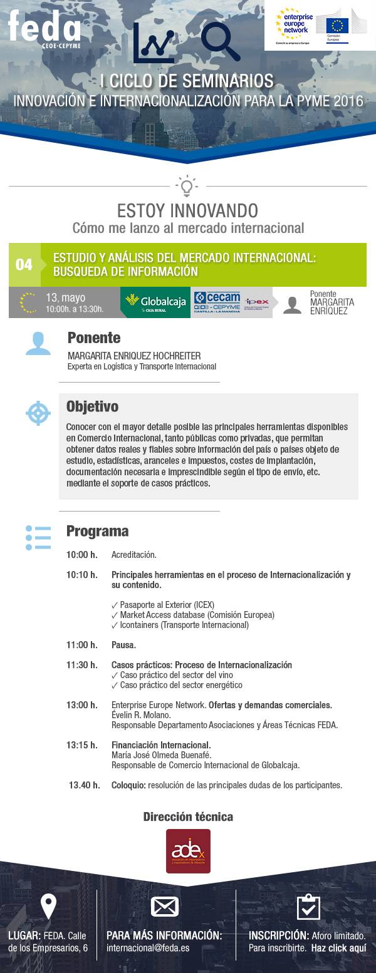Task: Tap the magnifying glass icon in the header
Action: click(x=220, y=41)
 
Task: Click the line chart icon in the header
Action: click(x=154, y=43)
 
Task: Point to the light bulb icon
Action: click(x=187, y=186)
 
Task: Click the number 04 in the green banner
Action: click(x=24, y=265)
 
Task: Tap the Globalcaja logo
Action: click(x=155, y=302)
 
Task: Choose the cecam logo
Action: click(x=217, y=302)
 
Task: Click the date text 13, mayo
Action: click(x=65, y=297)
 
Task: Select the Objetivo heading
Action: click(x=92, y=406)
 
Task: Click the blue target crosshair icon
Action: click(x=38, y=413)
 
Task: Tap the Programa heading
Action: click(x=97, y=531)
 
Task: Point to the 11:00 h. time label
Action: click(x=82, y=645)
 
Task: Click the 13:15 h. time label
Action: click(x=82, y=745)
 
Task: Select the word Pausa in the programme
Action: click(x=123, y=645)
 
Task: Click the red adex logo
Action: click(x=188, y=851)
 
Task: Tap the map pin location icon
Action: click(x=48, y=906)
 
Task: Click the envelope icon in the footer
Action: click(x=165, y=907)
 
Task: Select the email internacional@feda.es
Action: click(x=148, y=948)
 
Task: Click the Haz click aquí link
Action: click(x=338, y=948)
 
